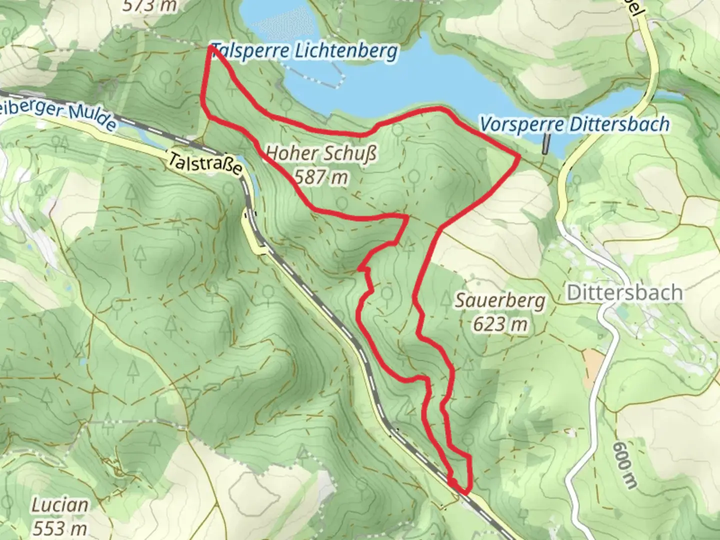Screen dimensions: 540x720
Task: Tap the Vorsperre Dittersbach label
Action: pos(574,124)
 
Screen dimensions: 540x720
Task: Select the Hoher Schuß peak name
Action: pos(321,154)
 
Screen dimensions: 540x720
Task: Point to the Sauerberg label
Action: pos(499,301)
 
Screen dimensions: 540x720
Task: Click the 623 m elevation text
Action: pos(499,324)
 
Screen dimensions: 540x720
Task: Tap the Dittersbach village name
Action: pos(624,292)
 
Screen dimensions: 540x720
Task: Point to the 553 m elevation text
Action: pos(60,528)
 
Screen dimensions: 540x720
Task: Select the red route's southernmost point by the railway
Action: pos(464,492)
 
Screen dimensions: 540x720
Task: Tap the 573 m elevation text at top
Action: pos(149,6)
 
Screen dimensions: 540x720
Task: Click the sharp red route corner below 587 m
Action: pos(406,217)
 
